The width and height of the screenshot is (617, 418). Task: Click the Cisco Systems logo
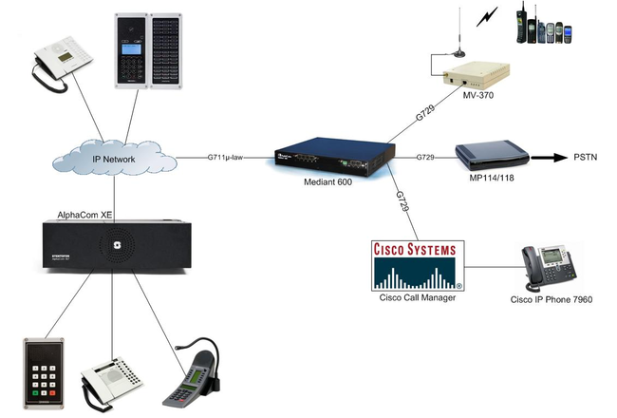414,265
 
